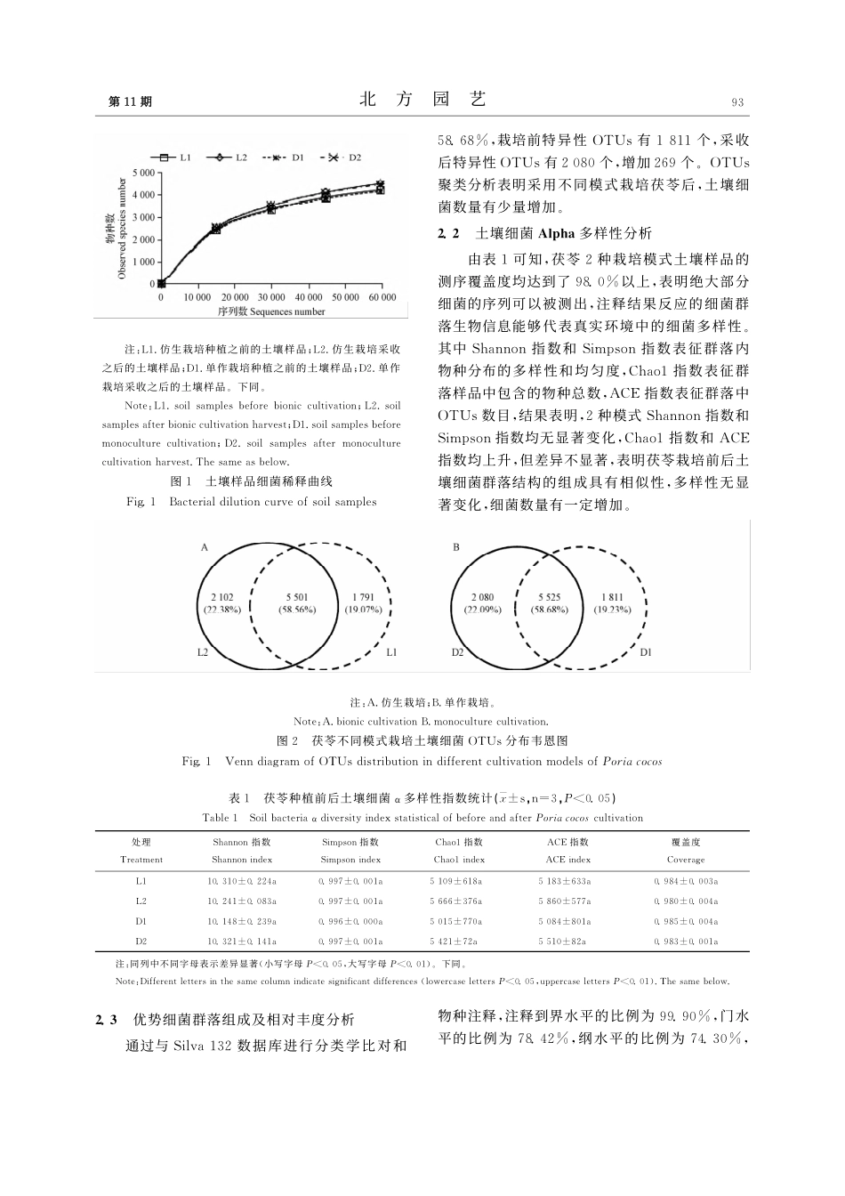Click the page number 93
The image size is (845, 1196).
click(x=736, y=102)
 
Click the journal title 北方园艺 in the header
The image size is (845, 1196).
click(x=422, y=100)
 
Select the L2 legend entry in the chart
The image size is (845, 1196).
click(x=229, y=158)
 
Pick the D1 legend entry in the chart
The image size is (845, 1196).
click(x=286, y=158)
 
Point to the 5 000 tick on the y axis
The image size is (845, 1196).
click(x=143, y=172)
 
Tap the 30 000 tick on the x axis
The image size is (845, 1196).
click(x=271, y=297)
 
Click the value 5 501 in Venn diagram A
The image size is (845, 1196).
click(x=298, y=597)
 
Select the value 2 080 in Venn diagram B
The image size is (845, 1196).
click(x=483, y=597)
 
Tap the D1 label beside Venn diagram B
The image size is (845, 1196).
click(x=646, y=652)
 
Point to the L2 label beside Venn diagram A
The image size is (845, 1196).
click(x=203, y=652)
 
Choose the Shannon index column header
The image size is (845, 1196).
click(x=242, y=860)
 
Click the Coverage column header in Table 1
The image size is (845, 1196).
click(x=685, y=860)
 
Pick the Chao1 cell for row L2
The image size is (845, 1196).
click(x=456, y=901)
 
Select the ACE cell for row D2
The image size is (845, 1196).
click(x=565, y=941)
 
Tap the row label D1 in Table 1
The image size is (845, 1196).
click(x=141, y=921)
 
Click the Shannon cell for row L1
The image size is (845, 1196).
click(x=242, y=881)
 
